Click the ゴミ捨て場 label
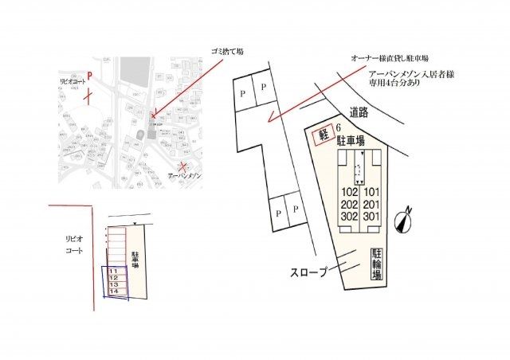pyautogui.click(x=227, y=51)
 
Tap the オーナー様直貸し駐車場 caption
pyautogui.click(x=390, y=58)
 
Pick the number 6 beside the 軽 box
pyautogui.click(x=339, y=127)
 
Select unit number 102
pyautogui.click(x=350, y=192)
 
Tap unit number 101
pyautogui.click(x=371, y=192)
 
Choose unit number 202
pyautogui.click(x=350, y=204)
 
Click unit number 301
pyautogui.click(x=371, y=216)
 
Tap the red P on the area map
pyautogui.click(x=89, y=73)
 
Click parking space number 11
pyautogui.click(x=113, y=270)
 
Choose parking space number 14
pyautogui.click(x=113, y=292)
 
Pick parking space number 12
pyautogui.click(x=113, y=277)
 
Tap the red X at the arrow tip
pyautogui.click(x=153, y=115)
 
